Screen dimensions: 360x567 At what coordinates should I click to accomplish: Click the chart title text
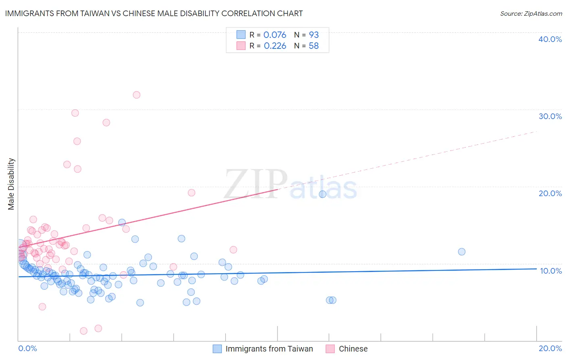(x=153, y=13)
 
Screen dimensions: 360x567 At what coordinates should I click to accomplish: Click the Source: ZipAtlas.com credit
(x=531, y=13)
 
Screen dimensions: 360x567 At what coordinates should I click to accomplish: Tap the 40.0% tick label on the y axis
(x=550, y=39)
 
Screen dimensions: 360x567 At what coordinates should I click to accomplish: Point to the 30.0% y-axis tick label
(x=550, y=116)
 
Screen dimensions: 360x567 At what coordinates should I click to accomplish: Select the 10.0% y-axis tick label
(x=550, y=271)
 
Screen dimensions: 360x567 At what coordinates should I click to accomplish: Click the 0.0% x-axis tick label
(x=27, y=348)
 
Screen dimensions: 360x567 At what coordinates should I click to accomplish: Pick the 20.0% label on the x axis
(x=550, y=348)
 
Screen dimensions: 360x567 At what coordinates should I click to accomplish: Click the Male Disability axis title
(x=11, y=184)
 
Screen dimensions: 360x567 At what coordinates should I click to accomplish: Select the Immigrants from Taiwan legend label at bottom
(x=269, y=349)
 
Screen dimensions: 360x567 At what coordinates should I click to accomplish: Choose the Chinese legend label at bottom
(x=353, y=349)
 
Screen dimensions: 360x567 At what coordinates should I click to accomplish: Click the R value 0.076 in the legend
(x=275, y=35)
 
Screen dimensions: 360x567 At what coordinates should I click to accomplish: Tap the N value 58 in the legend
(x=313, y=46)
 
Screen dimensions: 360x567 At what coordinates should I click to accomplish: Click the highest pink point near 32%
(x=137, y=95)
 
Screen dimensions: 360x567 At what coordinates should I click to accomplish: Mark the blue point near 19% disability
(x=323, y=194)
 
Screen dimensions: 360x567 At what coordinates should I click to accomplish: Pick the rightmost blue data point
(x=462, y=252)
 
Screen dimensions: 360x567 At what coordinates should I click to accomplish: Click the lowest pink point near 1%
(x=83, y=331)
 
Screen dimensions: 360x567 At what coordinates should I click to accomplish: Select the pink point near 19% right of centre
(x=192, y=193)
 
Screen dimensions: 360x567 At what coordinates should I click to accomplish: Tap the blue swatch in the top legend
(x=241, y=35)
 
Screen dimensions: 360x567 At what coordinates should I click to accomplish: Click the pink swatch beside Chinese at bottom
(x=330, y=349)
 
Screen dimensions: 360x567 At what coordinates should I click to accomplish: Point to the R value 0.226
(x=275, y=46)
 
